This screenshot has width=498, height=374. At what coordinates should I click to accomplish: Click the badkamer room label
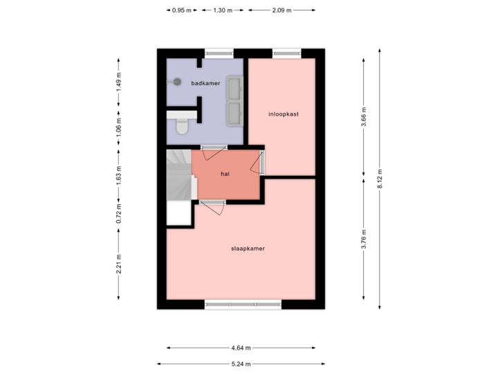pos(205,84)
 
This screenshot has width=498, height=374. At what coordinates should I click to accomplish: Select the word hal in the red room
pos(225,175)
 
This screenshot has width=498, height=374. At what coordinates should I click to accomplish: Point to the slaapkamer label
pos(248,247)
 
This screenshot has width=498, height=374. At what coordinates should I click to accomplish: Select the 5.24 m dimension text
pos(241,363)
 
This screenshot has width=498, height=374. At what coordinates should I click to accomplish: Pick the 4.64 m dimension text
pos(241,348)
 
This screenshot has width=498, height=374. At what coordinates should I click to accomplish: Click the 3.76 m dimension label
pos(365,236)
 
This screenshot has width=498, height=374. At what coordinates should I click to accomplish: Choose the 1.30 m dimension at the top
pos(223,10)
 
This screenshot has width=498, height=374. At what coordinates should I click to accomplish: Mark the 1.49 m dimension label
pos(118,82)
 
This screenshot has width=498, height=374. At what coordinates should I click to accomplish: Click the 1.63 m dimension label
pos(118,175)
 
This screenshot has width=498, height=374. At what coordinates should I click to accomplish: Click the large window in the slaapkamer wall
pos(243,303)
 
